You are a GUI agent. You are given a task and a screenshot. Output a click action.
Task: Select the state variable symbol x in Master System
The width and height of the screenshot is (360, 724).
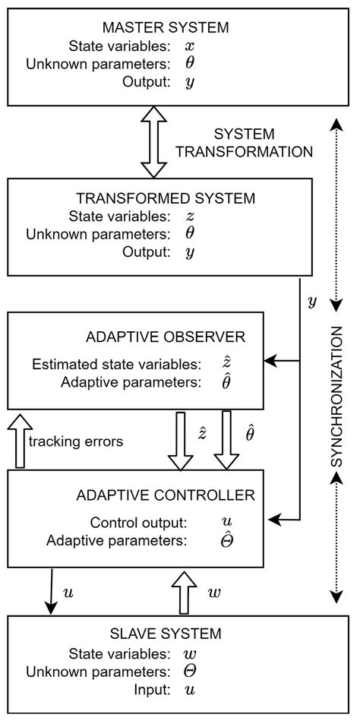pyautogui.click(x=189, y=46)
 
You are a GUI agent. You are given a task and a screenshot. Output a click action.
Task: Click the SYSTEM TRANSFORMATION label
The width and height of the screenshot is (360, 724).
pyautogui.click(x=243, y=142)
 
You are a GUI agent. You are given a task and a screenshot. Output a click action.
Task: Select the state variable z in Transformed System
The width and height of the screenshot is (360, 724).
pyautogui.click(x=189, y=216)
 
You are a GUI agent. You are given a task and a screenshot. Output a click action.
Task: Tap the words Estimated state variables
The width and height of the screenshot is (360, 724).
pyautogui.click(x=116, y=363)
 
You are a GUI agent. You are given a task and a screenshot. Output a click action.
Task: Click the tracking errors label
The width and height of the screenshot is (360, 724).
pyautogui.click(x=74, y=441)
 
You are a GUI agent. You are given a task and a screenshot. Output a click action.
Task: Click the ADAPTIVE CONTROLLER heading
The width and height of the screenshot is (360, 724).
pyautogui.click(x=166, y=496)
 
